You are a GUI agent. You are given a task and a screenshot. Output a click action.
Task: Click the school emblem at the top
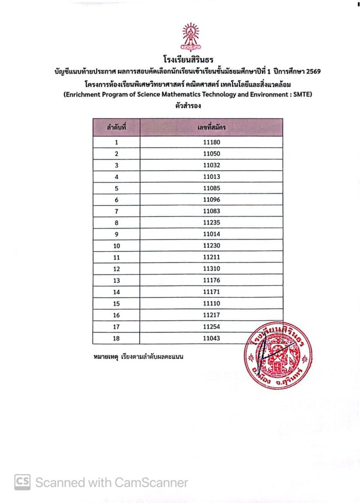click(191, 37)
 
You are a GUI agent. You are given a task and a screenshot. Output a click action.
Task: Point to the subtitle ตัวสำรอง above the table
click(187, 106)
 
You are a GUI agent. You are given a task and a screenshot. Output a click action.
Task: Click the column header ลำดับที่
click(117, 127)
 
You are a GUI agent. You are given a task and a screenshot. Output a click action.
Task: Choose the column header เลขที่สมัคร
click(211, 127)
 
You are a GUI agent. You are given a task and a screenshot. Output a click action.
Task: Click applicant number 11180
click(211, 142)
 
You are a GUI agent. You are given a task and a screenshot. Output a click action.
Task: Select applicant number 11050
click(211, 154)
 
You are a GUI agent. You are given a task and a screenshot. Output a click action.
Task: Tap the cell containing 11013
click(211, 177)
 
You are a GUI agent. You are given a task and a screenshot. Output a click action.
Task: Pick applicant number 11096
click(211, 200)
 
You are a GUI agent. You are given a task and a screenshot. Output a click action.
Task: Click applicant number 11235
click(211, 223)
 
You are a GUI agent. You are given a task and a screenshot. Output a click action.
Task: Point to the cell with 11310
click(211, 269)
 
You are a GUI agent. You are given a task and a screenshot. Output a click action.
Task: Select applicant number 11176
click(211, 280)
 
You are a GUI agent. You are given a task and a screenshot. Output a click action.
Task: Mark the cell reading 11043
click(211, 338)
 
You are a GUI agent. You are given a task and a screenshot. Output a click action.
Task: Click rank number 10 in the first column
click(116, 246)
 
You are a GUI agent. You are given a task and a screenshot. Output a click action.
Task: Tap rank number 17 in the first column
click(116, 326)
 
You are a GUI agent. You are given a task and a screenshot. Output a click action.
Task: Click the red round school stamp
click(277, 355)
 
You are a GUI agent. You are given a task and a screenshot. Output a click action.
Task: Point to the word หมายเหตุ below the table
click(105, 355)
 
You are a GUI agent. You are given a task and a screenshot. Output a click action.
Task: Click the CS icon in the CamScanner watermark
click(22, 482)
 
